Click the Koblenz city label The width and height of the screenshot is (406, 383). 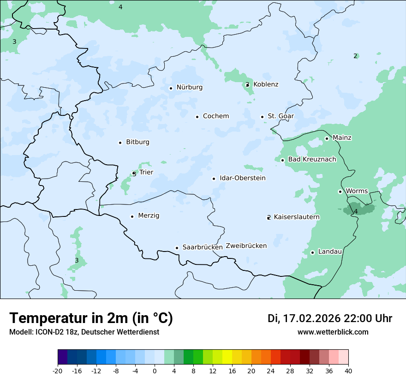[266, 84]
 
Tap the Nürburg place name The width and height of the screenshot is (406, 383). [189, 87]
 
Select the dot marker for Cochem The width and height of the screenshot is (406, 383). [197, 117]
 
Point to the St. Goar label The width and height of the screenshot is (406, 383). [281, 116]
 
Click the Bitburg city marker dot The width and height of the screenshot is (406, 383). [120, 143]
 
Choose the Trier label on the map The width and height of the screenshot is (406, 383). [146, 173]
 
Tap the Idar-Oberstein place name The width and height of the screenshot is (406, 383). [243, 178]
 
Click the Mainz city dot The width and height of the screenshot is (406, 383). [327, 138]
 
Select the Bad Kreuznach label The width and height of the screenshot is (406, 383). [312, 160]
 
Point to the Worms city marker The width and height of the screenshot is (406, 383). [340, 191]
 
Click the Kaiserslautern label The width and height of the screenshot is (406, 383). [297, 217]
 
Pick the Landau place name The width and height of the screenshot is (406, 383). [330, 252]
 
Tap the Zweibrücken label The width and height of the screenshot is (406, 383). [246, 246]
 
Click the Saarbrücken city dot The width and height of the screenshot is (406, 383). [177, 248]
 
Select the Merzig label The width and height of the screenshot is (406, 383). [149, 216]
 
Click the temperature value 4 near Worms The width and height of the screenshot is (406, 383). [356, 211]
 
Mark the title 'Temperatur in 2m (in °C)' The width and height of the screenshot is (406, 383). [91, 318]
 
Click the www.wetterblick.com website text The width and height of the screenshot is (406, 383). [333, 332]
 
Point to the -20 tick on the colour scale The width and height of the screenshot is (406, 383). [58, 371]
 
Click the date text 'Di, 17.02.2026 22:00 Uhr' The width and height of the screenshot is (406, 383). [330, 318]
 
